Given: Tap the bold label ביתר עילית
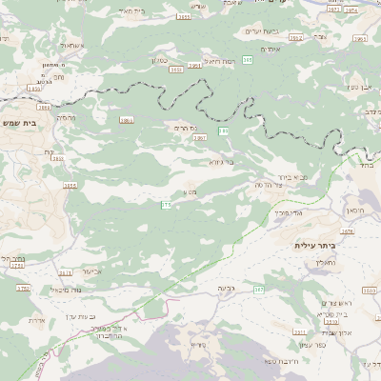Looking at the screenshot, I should point(317,246).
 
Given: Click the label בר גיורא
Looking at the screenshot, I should point(221,161).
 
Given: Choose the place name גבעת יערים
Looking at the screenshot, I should point(259,32).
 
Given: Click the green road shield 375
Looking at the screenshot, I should point(166,205).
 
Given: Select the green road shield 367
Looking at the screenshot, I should point(258,289).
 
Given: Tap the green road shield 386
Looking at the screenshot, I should point(246,60).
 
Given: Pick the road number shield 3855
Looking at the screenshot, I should point(70,186).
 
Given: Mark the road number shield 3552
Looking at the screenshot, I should point(295,38).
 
